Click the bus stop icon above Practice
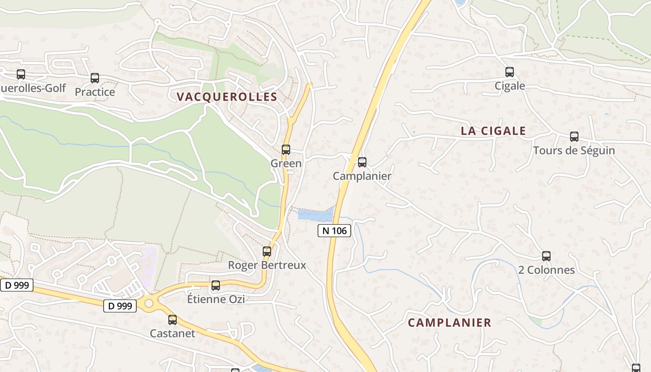[x=95, y=78]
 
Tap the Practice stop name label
[x=95, y=92]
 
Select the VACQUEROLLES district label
[x=227, y=97]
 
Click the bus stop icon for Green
[x=286, y=150]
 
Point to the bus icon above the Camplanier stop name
[x=362, y=162]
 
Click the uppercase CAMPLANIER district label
[x=449, y=322]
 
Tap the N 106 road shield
[x=334, y=230]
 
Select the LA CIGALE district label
[x=493, y=131]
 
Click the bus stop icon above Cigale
[x=510, y=72]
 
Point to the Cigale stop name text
[x=510, y=86]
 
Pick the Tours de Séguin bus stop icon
[x=574, y=137]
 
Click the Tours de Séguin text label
[x=574, y=151]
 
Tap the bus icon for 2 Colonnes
[x=546, y=256]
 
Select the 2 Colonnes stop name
[x=546, y=270]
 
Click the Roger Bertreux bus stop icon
[x=267, y=252]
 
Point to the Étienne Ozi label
[x=216, y=299]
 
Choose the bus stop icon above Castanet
[x=173, y=320]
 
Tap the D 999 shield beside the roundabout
[x=120, y=306]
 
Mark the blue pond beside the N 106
[x=315, y=215]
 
